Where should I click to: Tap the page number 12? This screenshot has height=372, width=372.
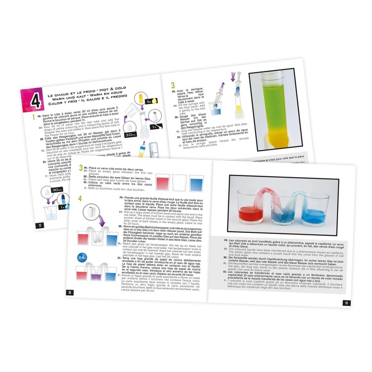tap(40, 226)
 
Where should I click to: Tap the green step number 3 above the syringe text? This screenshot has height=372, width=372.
tap(173, 85)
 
